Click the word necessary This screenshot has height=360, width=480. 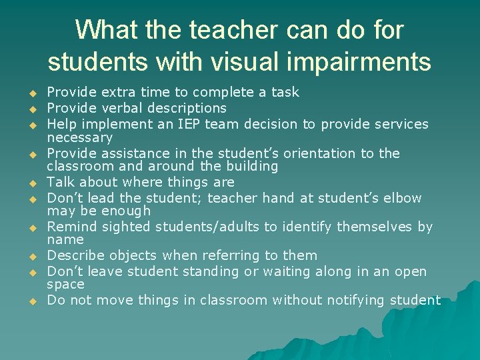click(79, 138)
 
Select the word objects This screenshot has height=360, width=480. click(129, 255)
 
